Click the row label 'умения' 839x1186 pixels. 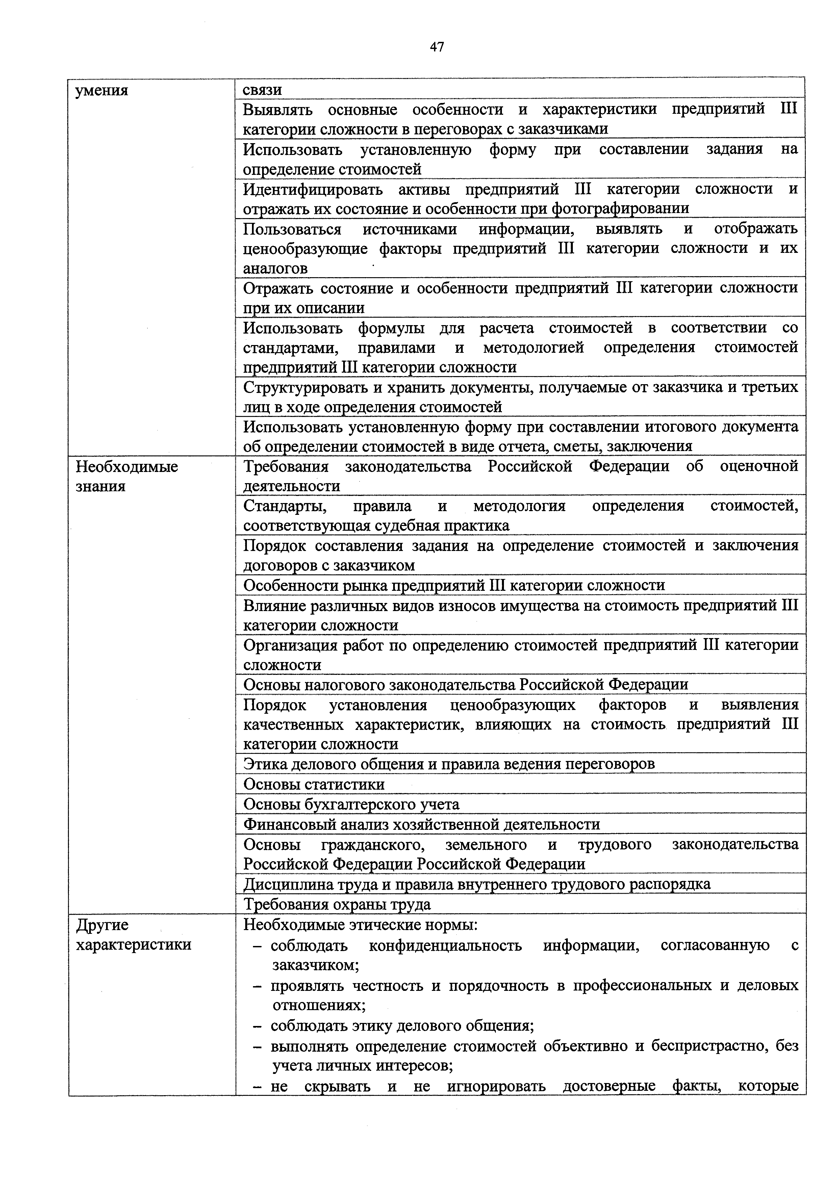click(x=102, y=91)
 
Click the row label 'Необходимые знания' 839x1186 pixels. click(x=127, y=476)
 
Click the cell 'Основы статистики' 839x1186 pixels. click(x=314, y=784)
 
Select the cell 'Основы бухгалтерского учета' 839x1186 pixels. click(x=351, y=804)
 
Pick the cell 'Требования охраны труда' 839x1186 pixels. click(x=336, y=904)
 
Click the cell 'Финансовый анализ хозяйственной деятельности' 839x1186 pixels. click(x=421, y=824)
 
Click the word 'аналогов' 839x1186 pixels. click(x=275, y=269)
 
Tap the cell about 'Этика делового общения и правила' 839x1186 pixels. click(x=449, y=764)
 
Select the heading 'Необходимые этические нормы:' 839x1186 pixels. click(x=360, y=925)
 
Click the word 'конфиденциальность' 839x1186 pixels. click(x=445, y=945)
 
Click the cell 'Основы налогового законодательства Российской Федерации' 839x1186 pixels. click(x=465, y=685)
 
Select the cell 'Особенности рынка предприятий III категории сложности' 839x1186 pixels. click(x=454, y=585)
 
